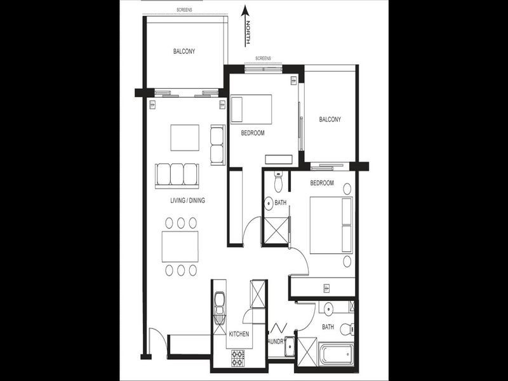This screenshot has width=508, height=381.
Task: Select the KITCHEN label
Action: coord(238,334)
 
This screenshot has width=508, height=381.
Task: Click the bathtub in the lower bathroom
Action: coord(336,353)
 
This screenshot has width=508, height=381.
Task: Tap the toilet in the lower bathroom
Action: coord(346,329)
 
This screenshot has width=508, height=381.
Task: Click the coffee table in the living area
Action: coord(184,137)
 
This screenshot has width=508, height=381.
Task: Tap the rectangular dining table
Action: coord(180,246)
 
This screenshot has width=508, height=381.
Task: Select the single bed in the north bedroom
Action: coord(250,109)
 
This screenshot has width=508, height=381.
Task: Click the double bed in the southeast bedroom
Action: coord(331,225)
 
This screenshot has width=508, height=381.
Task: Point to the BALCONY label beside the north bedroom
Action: coord(330,119)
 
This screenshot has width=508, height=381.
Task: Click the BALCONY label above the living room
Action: coord(184,52)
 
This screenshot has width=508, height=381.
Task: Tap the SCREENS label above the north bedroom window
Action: coord(263,58)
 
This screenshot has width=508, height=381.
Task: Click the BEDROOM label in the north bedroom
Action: coord(252,133)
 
